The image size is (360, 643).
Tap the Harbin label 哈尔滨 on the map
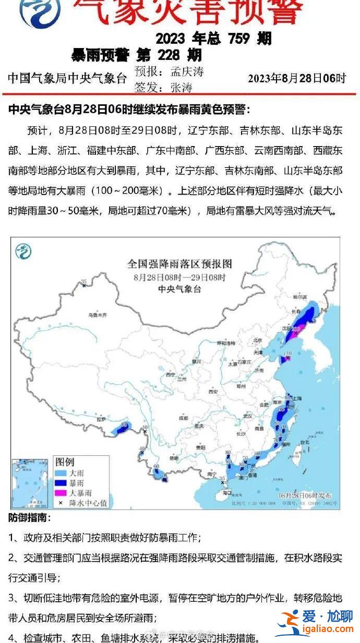[x=298, y=296]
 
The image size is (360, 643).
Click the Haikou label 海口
[x=226, y=492]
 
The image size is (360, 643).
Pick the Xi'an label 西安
[x=213, y=391]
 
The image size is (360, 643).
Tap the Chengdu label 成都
[x=183, y=418]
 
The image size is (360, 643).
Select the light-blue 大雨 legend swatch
[x=61, y=473]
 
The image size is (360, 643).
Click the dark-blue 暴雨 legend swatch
[x=61, y=483]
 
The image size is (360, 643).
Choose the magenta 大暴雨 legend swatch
[x=61, y=493]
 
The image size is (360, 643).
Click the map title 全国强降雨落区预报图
[x=179, y=264]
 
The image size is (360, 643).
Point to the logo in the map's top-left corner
[x=23, y=251]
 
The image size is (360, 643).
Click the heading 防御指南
[x=29, y=518]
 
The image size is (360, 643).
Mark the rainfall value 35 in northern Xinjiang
[x=83, y=282]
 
